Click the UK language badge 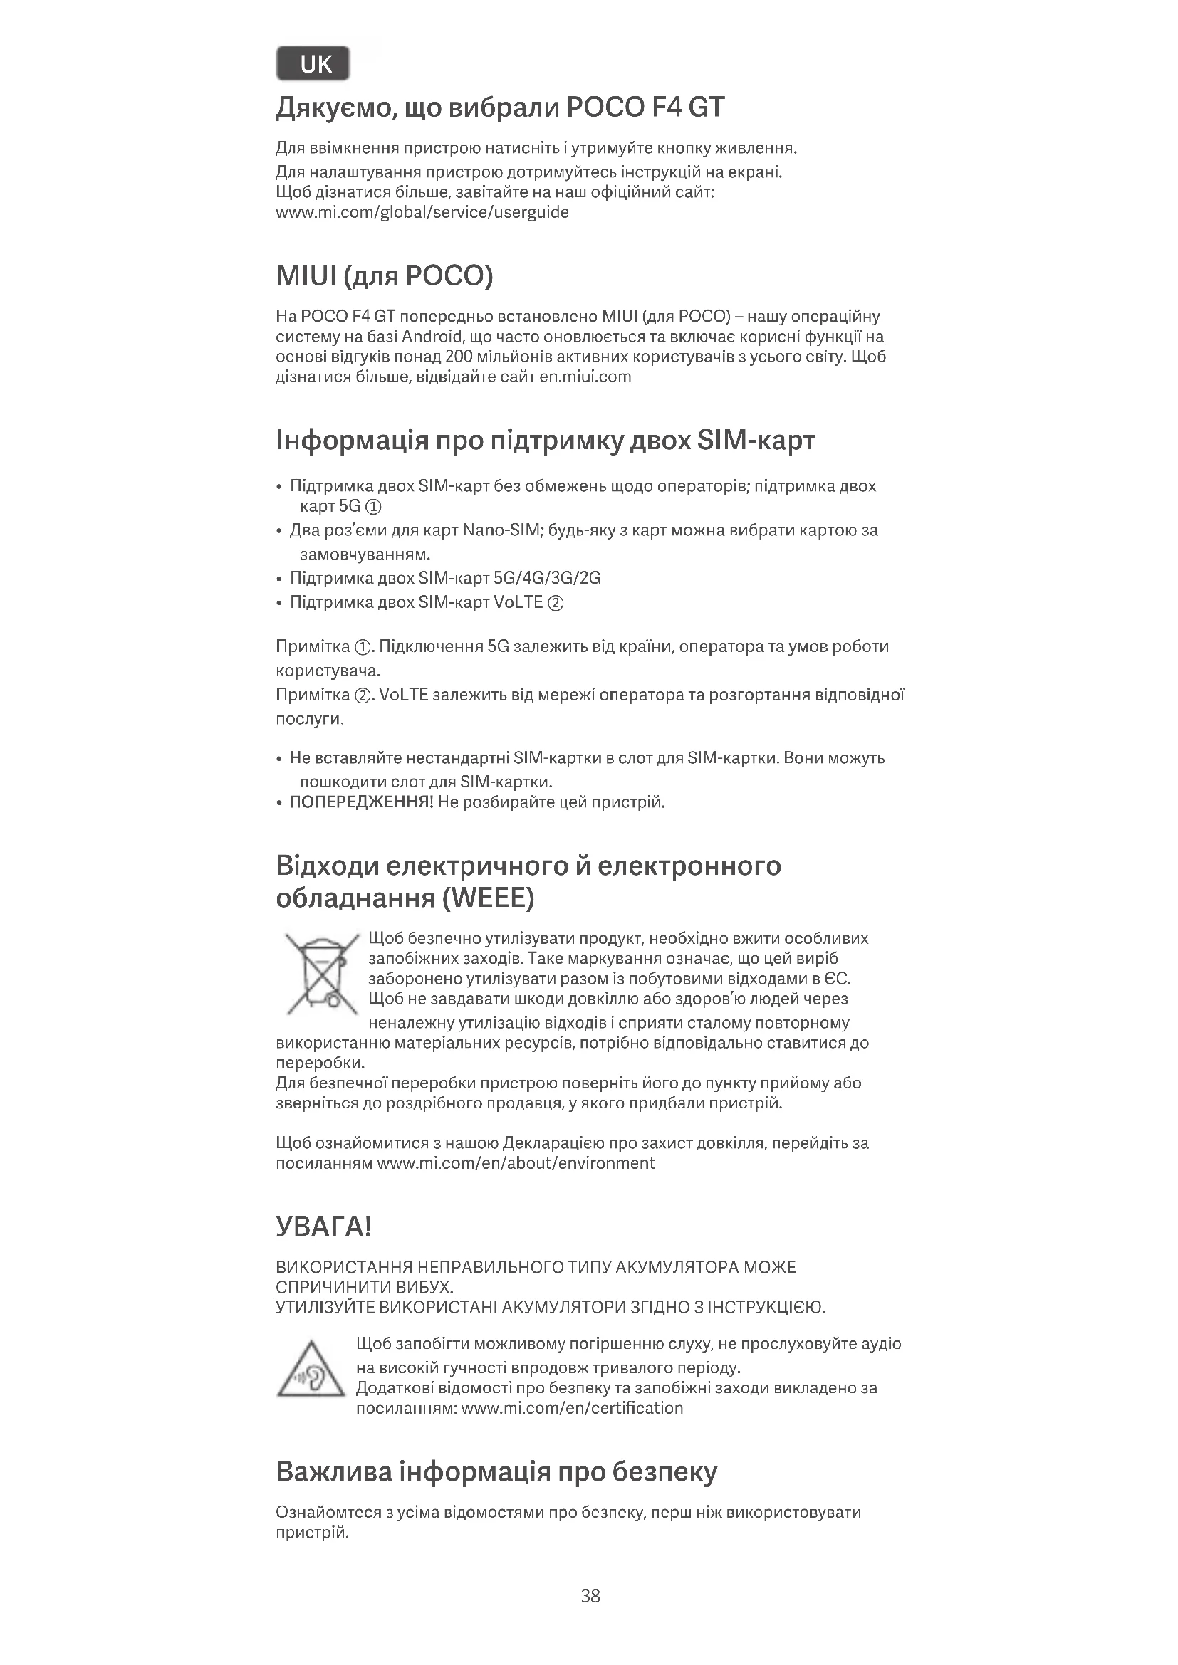(313, 64)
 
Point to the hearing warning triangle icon (311, 1370)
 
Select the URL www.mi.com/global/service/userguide (422, 212)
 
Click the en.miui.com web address (585, 377)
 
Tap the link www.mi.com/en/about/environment (516, 1163)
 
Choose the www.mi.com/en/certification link (572, 1408)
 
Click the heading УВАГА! (323, 1227)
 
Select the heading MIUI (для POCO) (385, 275)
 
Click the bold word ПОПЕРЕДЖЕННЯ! (361, 802)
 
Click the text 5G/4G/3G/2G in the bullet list (546, 578)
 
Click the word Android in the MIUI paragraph (433, 337)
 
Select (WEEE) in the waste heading (487, 898)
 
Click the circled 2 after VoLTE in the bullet (556, 603)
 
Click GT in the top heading (705, 107)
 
